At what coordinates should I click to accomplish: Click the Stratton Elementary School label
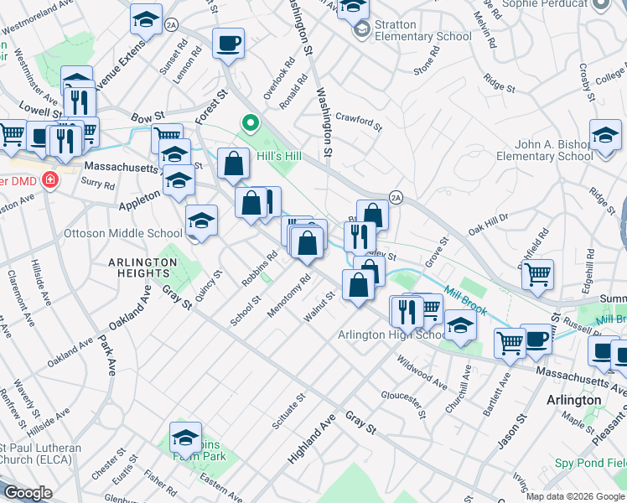click(423, 30)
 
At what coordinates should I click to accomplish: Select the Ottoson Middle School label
click(122, 233)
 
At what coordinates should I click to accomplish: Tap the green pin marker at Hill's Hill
click(249, 124)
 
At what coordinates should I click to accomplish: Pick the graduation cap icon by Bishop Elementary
click(604, 134)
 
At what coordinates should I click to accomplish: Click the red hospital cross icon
click(50, 180)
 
